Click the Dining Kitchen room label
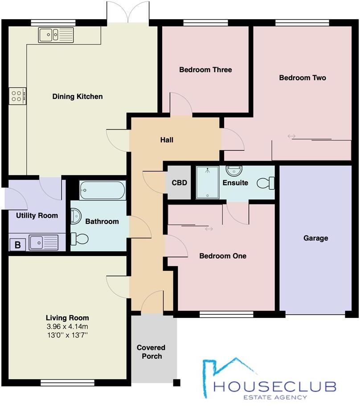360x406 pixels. [x=78, y=97]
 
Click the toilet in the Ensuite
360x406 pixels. [x=266, y=183]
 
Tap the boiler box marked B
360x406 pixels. [x=17, y=244]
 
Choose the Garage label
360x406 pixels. [x=315, y=238]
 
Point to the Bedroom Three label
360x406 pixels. [x=205, y=70]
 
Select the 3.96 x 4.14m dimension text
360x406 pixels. [x=68, y=326]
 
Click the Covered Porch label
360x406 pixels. [x=151, y=352]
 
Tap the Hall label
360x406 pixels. [x=167, y=140]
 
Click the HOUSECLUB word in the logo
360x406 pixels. [x=274, y=386]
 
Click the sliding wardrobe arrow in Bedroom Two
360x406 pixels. [x=291, y=136]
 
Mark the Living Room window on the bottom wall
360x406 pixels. [x=67, y=382]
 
